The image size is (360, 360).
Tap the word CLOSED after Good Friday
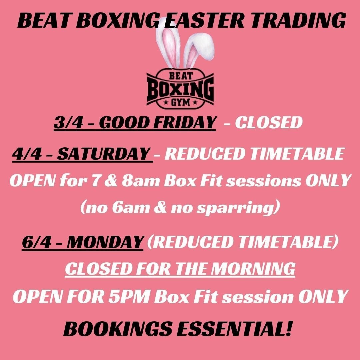click(x=268, y=123)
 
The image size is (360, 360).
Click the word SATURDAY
click(x=103, y=154)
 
